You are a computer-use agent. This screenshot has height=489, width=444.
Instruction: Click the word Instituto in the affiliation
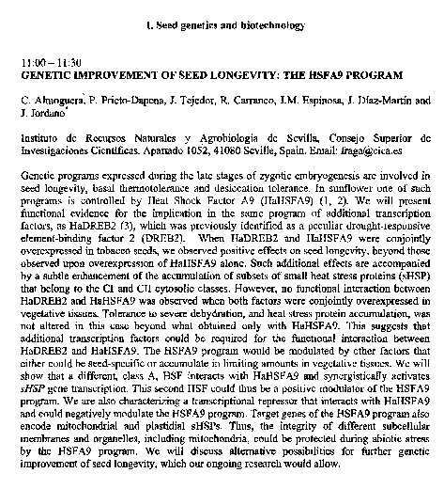pos(39,135)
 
